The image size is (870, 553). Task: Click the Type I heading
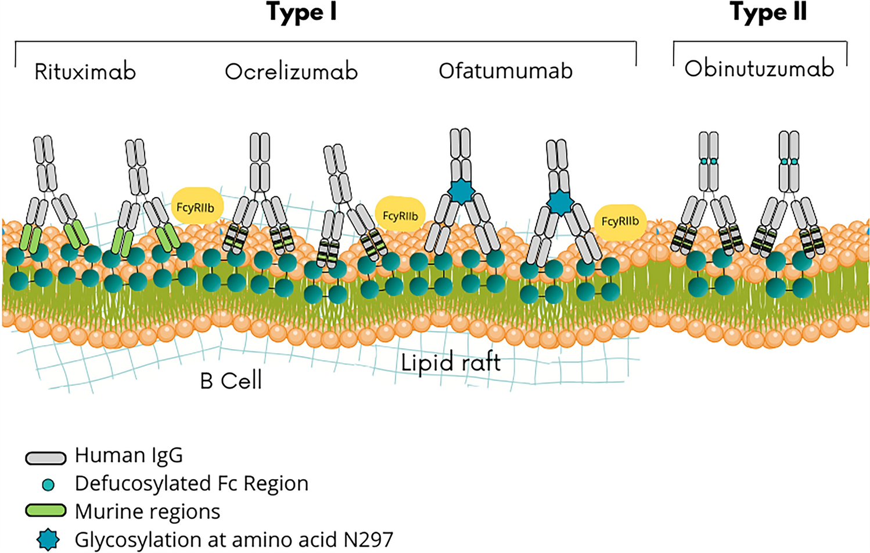pos(301,12)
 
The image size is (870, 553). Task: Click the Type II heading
pos(768,12)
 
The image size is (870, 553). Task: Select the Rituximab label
pos(85,72)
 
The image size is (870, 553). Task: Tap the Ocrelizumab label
pos(291,72)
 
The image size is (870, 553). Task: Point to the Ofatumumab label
pos(505,71)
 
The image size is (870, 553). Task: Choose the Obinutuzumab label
pos(759,69)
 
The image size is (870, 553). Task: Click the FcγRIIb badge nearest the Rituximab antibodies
pos(196,207)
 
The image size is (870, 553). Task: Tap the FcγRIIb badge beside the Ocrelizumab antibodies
pos(400,216)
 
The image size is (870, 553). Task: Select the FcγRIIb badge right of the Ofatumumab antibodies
pos(620,221)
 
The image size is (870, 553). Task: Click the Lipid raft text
pos(451,363)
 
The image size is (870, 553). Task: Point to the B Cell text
pos(231,381)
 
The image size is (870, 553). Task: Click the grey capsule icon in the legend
pos(46,458)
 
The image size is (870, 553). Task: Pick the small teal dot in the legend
pos(49,484)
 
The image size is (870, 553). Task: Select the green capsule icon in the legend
pos(46,511)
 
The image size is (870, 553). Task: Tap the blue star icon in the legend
pos(48,540)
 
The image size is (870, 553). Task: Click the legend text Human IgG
pos(128,456)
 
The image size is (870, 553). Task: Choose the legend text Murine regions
pos(148,512)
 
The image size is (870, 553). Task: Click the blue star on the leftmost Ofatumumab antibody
pos(462,192)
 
